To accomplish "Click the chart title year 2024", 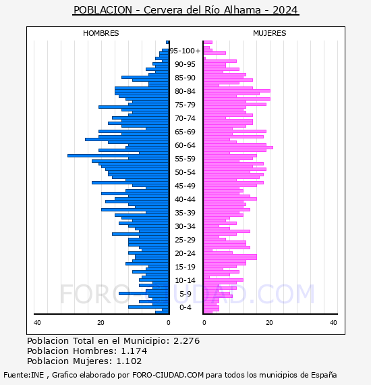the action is click(285, 10).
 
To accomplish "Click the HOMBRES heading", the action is click(101, 33).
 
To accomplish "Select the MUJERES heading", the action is click(270, 33).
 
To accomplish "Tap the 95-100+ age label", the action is click(185, 51).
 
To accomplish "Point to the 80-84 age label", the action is click(185, 91).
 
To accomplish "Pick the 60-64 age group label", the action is click(185, 145).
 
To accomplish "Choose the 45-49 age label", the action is click(185, 186).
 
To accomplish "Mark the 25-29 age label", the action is click(185, 240).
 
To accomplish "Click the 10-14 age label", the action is click(185, 280).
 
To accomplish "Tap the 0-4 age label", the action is click(185, 307).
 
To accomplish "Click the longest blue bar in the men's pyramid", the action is click(118, 155).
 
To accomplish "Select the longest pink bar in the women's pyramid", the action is click(238, 147).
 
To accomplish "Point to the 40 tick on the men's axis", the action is click(37, 323).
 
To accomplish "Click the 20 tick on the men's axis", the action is click(101, 323).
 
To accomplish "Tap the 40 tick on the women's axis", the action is click(333, 323).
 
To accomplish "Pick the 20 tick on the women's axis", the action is click(269, 323).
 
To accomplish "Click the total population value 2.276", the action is click(187, 341).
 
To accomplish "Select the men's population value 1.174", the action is click(134, 351).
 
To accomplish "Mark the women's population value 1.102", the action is click(129, 361).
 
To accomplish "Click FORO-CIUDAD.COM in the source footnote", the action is click(168, 375).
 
